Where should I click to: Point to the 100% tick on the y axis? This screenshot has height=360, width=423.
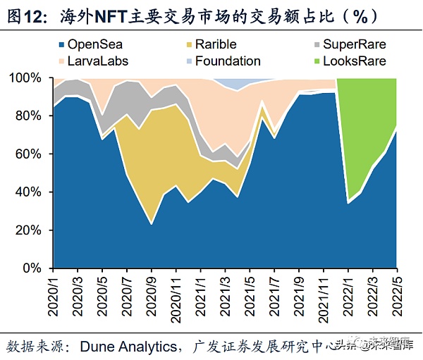click(31, 77)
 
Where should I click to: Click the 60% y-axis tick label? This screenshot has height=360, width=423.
click(34, 154)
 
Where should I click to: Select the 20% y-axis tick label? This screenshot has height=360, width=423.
click(34, 230)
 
